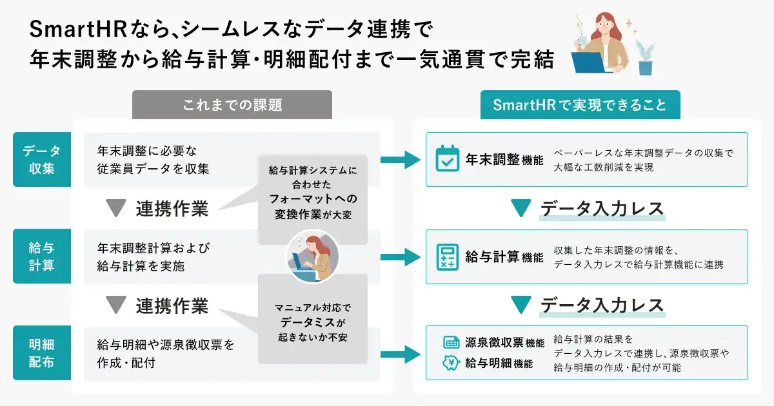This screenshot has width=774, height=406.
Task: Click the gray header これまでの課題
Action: point(232,104)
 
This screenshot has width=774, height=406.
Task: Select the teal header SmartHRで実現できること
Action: point(580,104)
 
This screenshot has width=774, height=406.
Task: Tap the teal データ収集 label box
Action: point(42,160)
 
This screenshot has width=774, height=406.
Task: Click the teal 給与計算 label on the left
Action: point(42,256)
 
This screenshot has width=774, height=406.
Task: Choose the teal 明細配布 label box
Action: point(42,353)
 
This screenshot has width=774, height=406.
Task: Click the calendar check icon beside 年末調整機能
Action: point(448,159)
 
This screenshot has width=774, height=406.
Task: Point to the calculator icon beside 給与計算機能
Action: point(448,256)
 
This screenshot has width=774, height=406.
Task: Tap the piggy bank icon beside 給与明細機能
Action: point(450,363)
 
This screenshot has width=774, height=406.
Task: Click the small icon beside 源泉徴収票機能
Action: point(450,342)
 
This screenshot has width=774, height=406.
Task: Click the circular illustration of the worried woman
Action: point(313,256)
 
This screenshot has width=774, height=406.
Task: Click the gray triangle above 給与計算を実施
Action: point(116,209)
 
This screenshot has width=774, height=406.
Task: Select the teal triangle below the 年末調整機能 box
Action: point(521,209)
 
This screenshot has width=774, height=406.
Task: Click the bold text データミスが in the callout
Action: point(313,322)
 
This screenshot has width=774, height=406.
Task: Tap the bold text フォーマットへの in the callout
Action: point(313,199)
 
